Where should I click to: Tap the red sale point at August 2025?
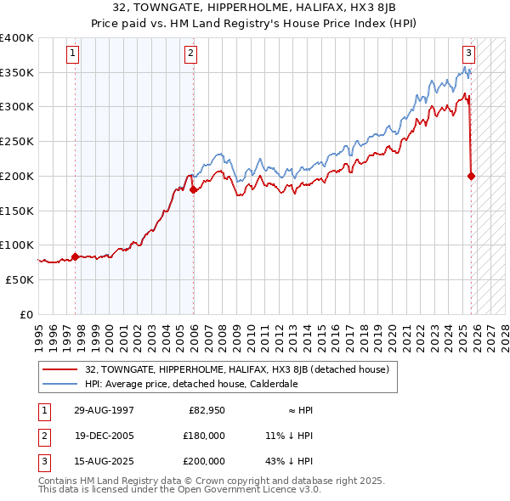coord(472,176)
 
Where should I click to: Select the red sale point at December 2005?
coord(194,189)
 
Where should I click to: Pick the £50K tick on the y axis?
coord(20,279)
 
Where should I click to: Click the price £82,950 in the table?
coord(206,409)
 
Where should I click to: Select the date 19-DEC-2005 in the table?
coord(104,435)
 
